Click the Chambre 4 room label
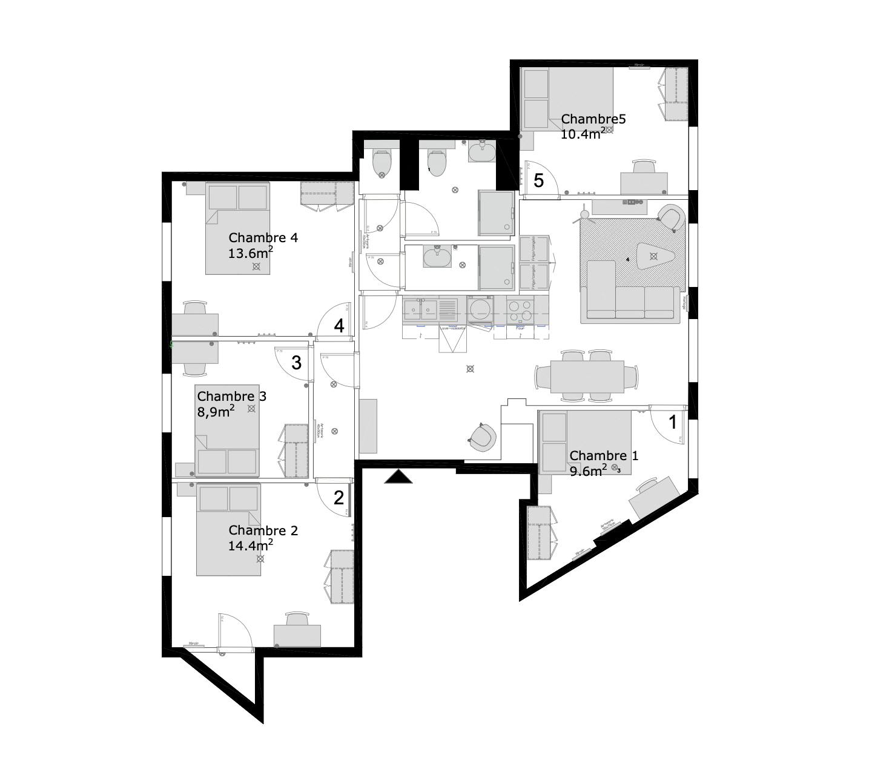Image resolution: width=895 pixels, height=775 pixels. click(x=263, y=238)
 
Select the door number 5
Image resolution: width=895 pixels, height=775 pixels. click(x=538, y=180)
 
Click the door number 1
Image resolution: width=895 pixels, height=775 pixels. click(x=672, y=422)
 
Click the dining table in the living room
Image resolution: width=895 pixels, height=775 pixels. click(x=587, y=376)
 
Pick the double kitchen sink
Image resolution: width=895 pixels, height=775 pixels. click(x=421, y=310)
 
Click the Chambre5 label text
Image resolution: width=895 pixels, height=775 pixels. click(x=593, y=119)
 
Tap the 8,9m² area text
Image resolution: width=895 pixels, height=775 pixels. click(x=216, y=412)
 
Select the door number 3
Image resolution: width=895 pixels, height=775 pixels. click(x=296, y=363)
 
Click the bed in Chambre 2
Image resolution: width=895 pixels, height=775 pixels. click(x=228, y=529)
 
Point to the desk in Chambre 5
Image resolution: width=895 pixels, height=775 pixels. click(x=644, y=183)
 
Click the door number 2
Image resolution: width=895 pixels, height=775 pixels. click(x=339, y=498)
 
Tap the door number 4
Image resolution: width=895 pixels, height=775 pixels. click(x=339, y=326)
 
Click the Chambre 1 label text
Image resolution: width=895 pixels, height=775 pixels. click(x=603, y=455)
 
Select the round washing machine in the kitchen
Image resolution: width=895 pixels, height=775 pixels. click(x=481, y=309)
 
